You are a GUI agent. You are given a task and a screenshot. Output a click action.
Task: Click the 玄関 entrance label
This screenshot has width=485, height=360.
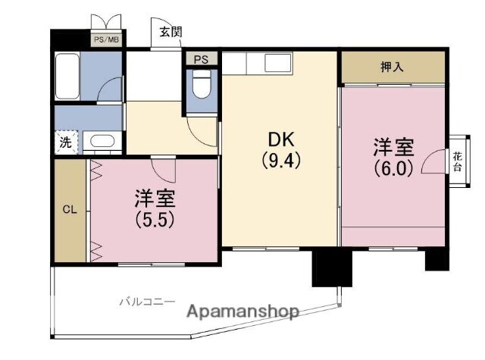171,32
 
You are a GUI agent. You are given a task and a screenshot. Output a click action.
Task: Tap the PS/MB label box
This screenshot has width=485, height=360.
106,39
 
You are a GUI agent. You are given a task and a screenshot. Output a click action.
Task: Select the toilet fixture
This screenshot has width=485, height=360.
202,84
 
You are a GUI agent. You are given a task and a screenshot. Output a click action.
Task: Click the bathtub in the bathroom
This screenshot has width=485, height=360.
67,76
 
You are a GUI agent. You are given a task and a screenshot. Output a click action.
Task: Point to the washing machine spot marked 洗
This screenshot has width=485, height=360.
66,142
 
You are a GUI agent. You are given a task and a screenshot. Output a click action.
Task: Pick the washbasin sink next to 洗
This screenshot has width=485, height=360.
103,141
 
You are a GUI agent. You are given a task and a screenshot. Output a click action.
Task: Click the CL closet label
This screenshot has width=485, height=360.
70,210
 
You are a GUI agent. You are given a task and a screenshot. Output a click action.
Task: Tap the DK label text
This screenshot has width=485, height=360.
281,139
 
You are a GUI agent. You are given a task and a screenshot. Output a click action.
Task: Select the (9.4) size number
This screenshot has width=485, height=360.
281,161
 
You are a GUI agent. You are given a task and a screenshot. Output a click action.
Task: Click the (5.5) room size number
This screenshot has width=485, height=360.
155,220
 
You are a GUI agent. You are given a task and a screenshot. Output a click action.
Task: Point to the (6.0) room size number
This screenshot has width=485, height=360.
393,168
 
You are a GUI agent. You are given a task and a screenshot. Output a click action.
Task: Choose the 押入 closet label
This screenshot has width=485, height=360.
392,67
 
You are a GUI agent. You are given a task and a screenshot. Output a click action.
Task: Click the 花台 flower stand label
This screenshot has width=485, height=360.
457,161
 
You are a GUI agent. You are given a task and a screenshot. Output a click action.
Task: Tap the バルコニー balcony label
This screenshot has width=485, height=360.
147,301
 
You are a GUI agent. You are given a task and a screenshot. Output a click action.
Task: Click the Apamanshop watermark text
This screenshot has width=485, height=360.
243,311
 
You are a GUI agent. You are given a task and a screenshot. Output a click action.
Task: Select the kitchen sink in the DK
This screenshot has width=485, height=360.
278,63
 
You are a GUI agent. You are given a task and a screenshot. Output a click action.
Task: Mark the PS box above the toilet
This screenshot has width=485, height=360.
201,59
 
